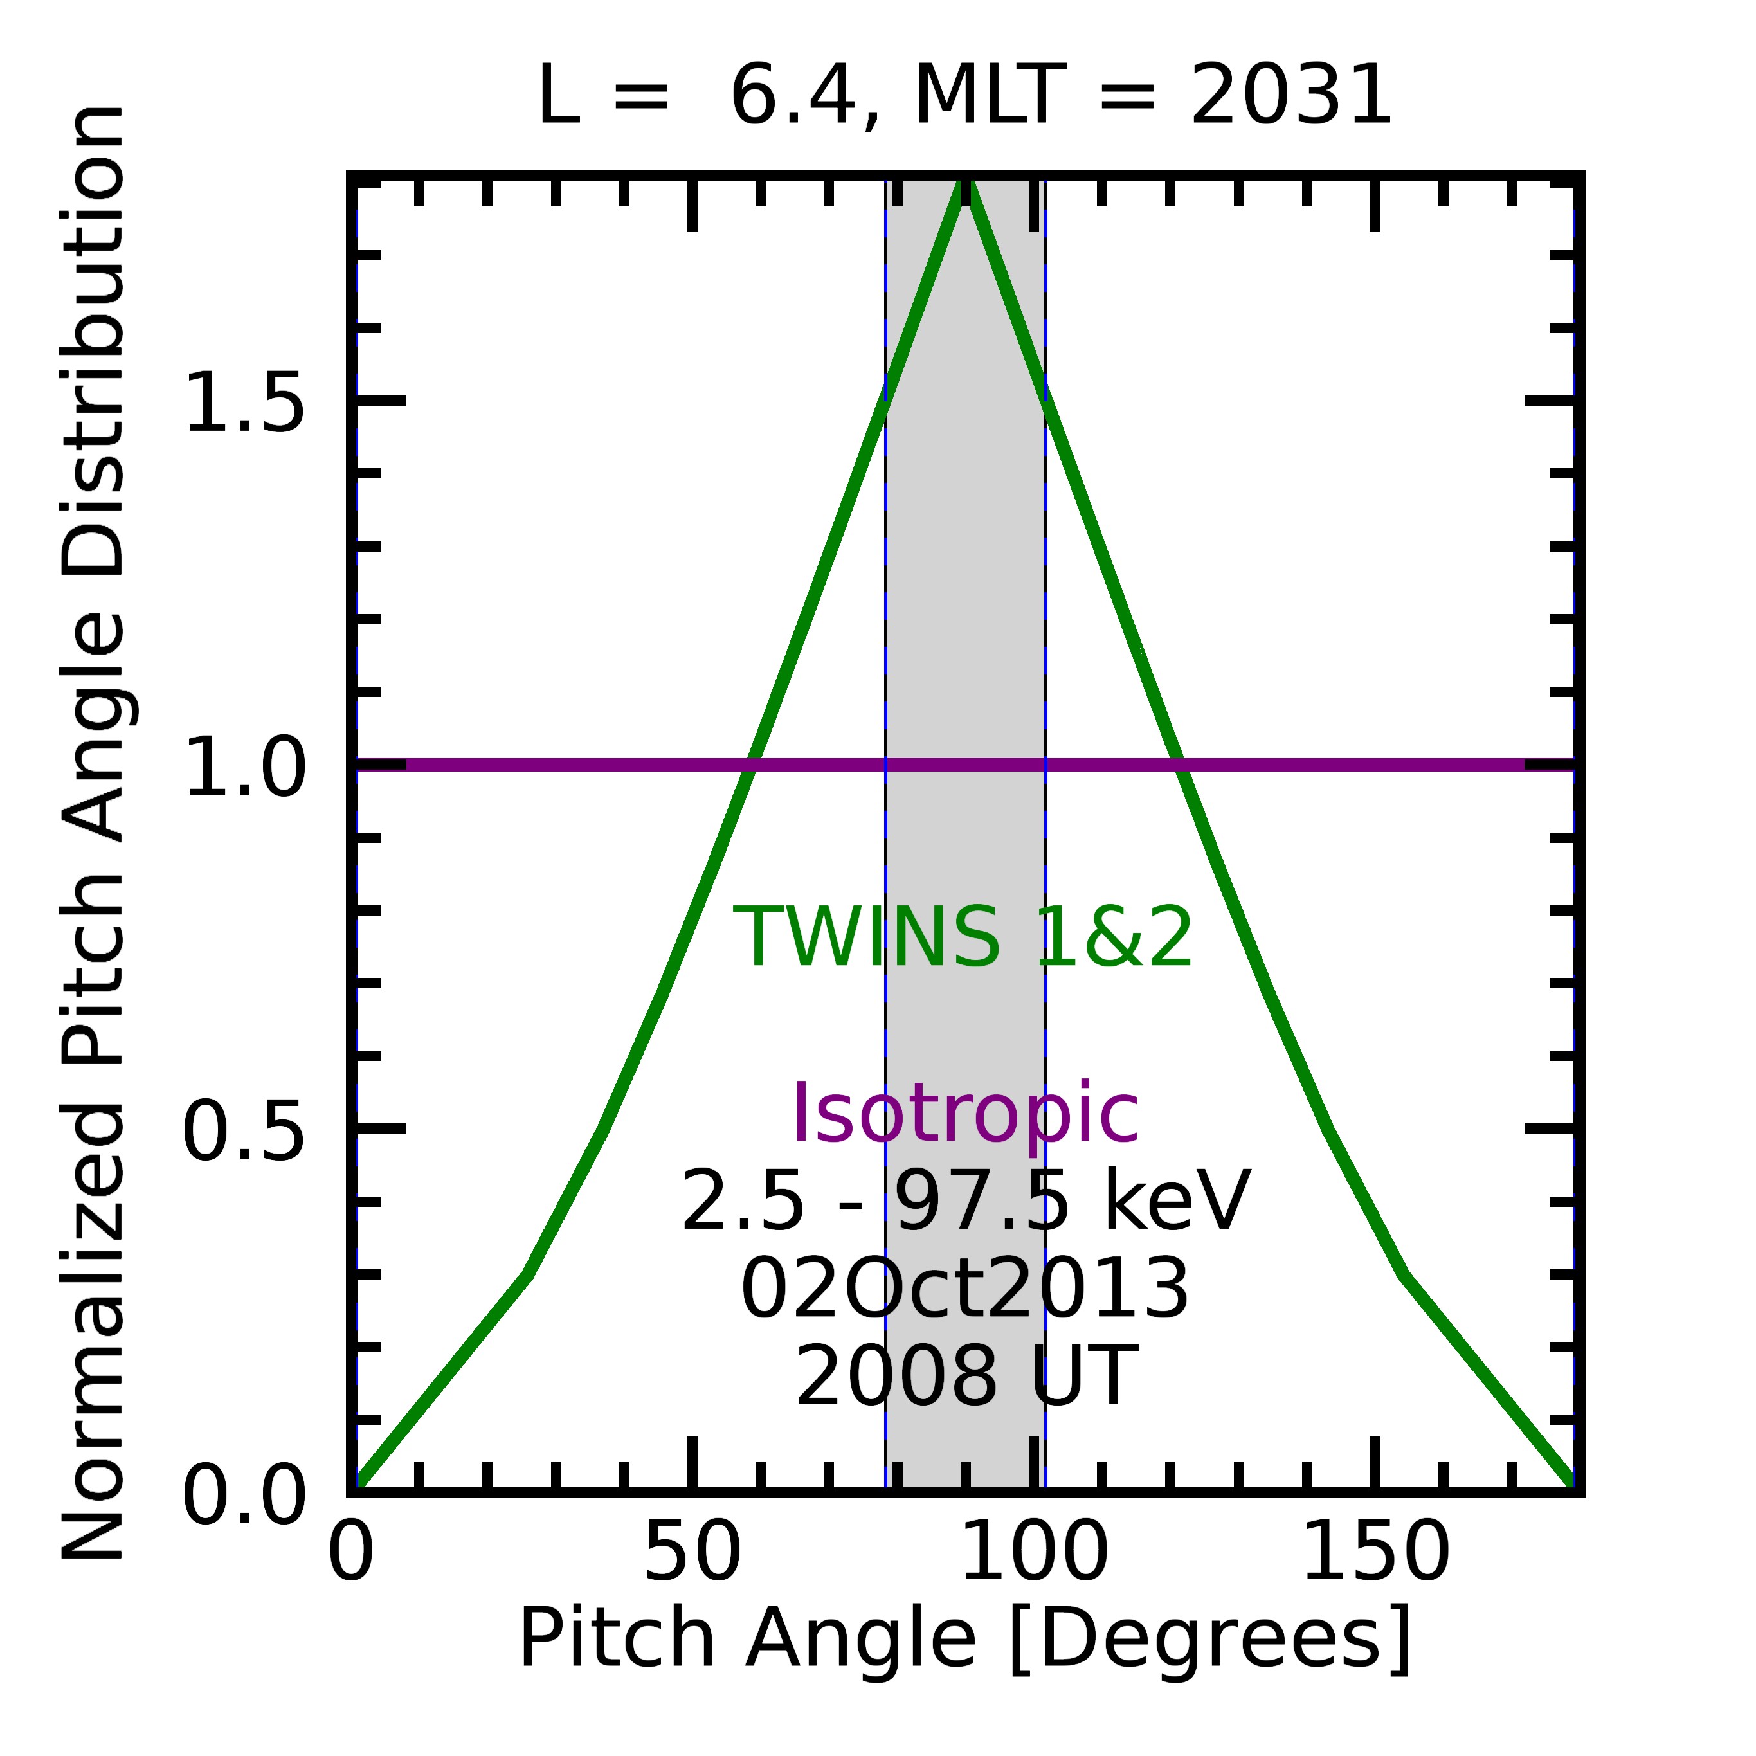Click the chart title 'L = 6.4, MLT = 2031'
point(964,96)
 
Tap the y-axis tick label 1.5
point(244,403)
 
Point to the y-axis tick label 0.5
point(244,1132)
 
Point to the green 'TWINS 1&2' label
point(963,938)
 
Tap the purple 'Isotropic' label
point(965,1114)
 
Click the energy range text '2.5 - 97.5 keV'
point(965,1202)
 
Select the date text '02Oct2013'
point(965,1290)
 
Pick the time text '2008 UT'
point(965,1377)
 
